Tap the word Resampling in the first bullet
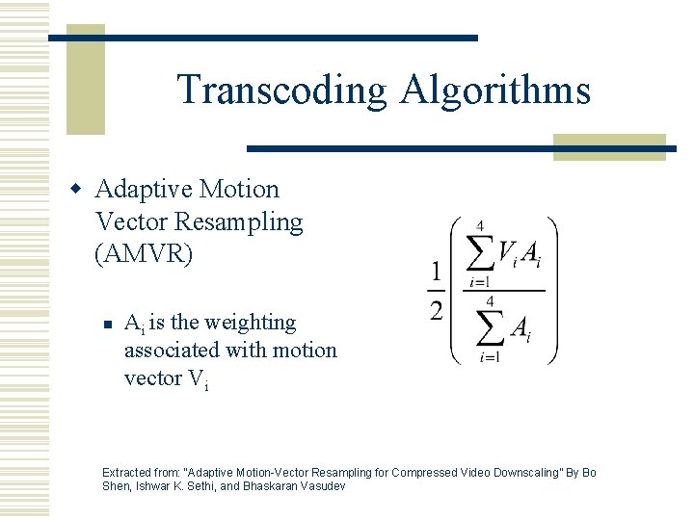pyautogui.click(x=239, y=221)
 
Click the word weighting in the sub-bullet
pyautogui.click(x=252, y=323)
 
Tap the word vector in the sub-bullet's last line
pyautogui.click(x=152, y=377)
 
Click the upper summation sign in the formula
pyautogui.click(x=479, y=255)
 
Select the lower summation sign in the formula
pyautogui.click(x=489, y=329)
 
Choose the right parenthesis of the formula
pyautogui.click(x=552, y=290)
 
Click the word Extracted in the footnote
pyautogui.click(x=127, y=473)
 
